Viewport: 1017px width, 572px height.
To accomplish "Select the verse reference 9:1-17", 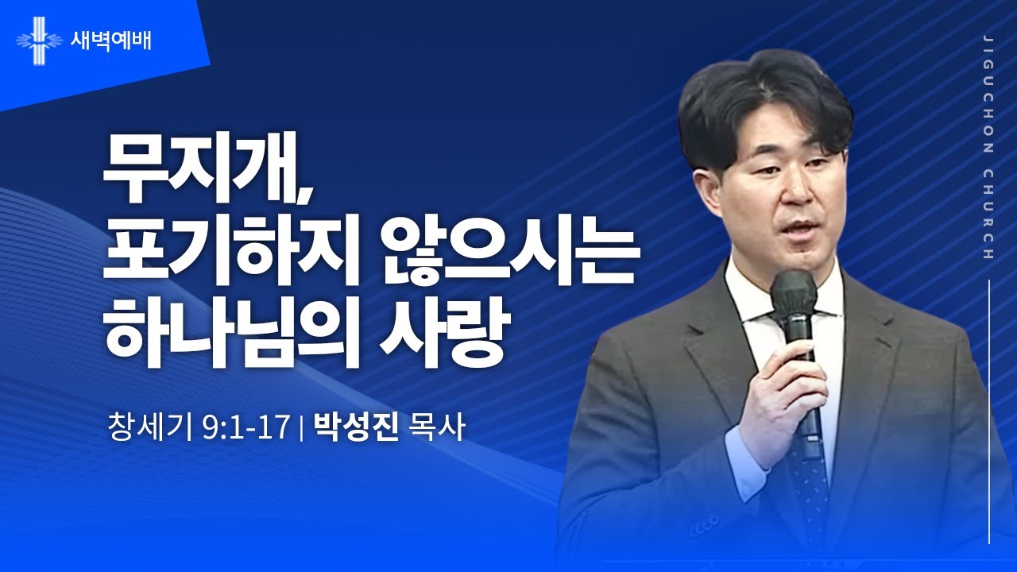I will pyautogui.click(x=246, y=429).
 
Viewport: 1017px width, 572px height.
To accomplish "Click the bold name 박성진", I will pyautogui.click(x=355, y=429).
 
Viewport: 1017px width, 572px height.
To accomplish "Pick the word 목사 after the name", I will pyautogui.click(x=434, y=429).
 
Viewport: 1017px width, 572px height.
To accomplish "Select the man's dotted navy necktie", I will pyautogui.click(x=808, y=477).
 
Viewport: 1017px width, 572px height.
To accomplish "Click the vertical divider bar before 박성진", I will pyautogui.click(x=302, y=431).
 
